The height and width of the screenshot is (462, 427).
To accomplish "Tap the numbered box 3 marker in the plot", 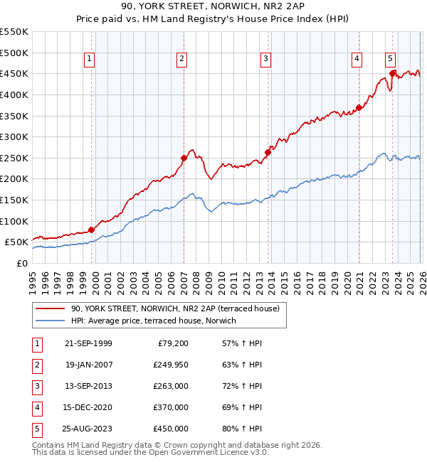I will click(265, 60).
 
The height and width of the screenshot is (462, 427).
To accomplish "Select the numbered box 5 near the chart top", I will click(391, 60).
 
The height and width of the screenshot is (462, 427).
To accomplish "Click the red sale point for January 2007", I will click(184, 158).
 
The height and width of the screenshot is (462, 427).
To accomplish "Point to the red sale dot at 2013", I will click(268, 152).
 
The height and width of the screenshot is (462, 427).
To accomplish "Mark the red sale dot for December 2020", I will click(359, 107).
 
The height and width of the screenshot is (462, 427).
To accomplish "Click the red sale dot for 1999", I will click(91, 230).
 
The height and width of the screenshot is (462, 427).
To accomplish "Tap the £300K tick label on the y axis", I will click(14, 136).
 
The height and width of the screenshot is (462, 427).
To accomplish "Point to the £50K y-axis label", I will click(17, 242).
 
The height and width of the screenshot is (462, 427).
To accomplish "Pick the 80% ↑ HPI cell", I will click(242, 429).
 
